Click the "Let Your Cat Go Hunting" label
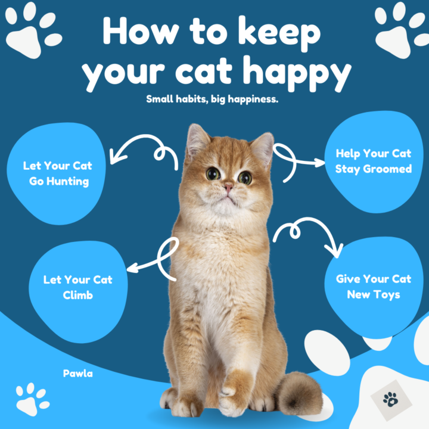[x=57, y=173]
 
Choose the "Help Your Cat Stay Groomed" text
[x=373, y=161]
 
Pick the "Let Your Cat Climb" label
[x=77, y=287]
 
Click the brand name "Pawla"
[x=78, y=374]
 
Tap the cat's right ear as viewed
[x=263, y=147]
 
